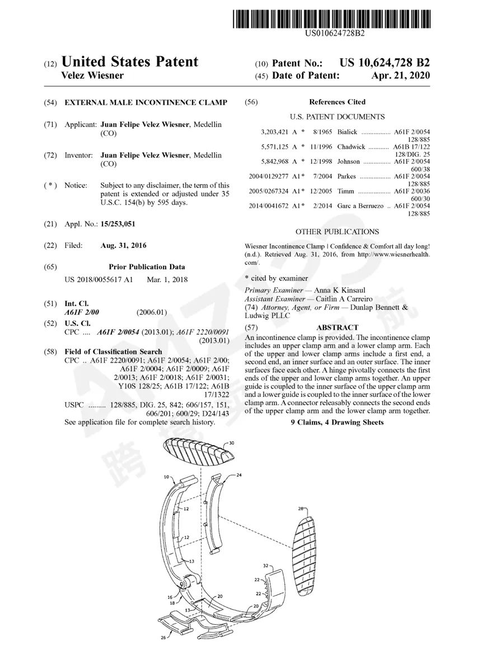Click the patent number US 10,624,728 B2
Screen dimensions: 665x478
(x=385, y=63)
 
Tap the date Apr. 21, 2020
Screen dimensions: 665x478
(x=401, y=76)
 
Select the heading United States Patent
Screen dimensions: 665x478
(x=129, y=62)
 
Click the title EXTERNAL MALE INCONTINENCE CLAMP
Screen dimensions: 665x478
(x=146, y=102)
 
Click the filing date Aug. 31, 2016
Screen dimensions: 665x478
(x=124, y=245)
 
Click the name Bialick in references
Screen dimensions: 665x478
(x=347, y=132)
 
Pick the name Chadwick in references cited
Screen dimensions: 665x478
(x=351, y=147)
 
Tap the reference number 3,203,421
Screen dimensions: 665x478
(x=274, y=132)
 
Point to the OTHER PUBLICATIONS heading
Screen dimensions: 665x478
(x=337, y=232)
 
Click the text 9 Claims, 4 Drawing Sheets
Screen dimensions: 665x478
(x=337, y=422)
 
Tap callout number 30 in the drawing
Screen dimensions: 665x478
(x=231, y=442)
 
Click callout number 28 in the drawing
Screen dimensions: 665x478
(x=300, y=509)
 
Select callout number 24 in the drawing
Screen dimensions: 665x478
(x=238, y=474)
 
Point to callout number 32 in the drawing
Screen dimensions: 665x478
(x=266, y=566)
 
